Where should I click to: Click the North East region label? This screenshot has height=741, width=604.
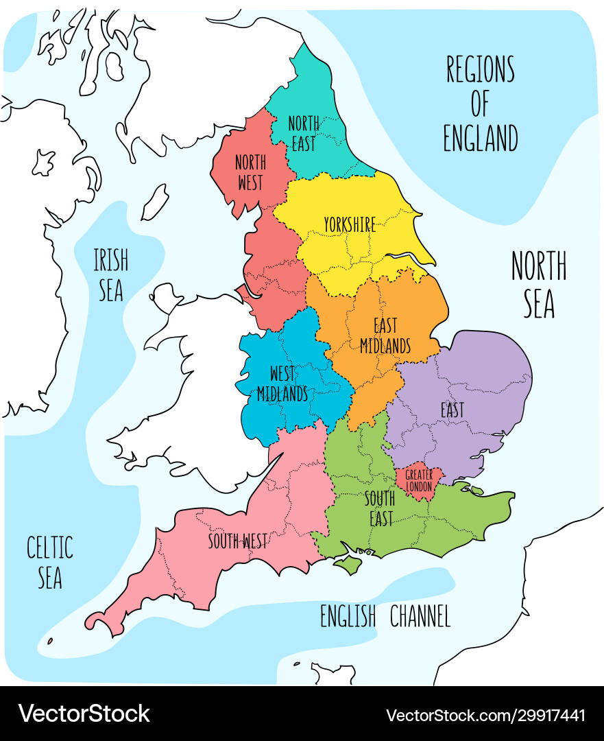(x=302, y=133)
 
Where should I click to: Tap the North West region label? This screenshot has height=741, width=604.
(x=250, y=172)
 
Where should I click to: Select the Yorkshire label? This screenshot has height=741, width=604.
(x=350, y=224)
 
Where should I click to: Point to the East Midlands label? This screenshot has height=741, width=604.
(x=385, y=336)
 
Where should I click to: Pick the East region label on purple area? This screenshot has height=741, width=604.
(x=452, y=410)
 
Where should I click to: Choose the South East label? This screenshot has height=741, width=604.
(x=380, y=508)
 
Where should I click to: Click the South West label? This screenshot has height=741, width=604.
(x=238, y=541)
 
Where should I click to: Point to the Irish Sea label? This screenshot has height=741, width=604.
(x=110, y=274)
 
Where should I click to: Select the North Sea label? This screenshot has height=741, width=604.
(x=539, y=284)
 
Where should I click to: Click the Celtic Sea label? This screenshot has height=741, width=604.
(x=49, y=562)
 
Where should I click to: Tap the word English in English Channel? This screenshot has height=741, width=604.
(x=348, y=616)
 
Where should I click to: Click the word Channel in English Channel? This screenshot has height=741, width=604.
(x=420, y=616)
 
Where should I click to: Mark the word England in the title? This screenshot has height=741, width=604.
(x=480, y=138)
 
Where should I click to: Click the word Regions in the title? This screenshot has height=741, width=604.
(x=480, y=69)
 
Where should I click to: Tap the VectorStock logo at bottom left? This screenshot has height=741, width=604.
(x=84, y=714)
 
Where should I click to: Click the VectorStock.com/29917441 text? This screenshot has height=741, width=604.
(x=485, y=716)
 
